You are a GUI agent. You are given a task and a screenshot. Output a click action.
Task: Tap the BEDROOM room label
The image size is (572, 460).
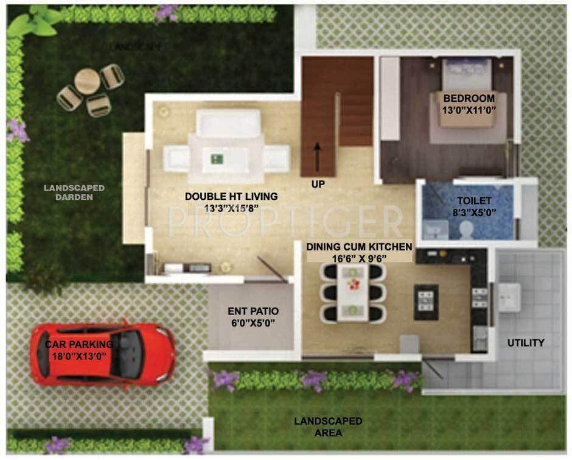pyautogui.click(x=469, y=98)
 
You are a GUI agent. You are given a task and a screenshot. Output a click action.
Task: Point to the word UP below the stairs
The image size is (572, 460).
pyautogui.click(x=318, y=183)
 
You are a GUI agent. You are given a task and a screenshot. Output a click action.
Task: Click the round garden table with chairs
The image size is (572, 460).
pyautogui.click(x=88, y=82)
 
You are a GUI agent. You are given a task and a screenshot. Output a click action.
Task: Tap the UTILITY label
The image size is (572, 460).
pyautogui.click(x=526, y=343)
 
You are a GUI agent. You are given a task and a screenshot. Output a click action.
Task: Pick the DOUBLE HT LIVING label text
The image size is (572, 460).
pyautogui.click(x=231, y=196)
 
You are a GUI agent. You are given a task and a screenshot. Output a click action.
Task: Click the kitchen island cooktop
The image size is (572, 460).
pyautogui.click(x=426, y=301)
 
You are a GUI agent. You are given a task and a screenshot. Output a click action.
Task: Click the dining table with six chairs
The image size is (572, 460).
pyautogui.click(x=354, y=295)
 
